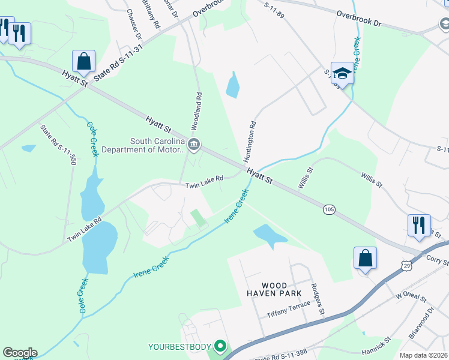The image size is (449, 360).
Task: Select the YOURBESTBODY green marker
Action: coord(221,346)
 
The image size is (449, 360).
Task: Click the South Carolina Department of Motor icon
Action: coord(194,144)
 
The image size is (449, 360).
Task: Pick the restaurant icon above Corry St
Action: coord(419,226)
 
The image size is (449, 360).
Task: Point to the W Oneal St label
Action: coord(410,296)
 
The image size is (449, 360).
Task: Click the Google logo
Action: coord(20,353)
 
